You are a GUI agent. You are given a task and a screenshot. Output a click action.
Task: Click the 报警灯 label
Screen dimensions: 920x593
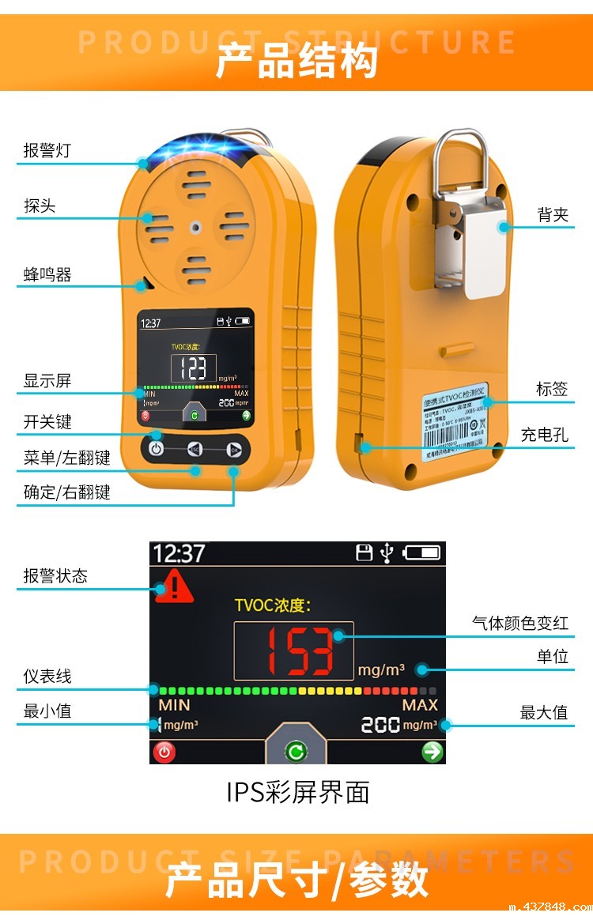point(47,150)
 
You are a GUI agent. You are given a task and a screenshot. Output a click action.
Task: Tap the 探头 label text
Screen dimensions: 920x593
point(40,206)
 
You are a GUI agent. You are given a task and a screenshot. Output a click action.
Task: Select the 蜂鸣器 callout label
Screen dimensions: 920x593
point(47,275)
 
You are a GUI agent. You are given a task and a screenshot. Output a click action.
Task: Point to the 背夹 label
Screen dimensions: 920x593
point(553,214)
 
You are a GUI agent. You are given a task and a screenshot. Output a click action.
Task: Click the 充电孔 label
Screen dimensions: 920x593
point(544,435)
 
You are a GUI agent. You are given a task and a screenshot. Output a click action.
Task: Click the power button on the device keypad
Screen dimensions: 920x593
point(157,450)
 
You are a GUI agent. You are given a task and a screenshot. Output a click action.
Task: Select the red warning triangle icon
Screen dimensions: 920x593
point(174,588)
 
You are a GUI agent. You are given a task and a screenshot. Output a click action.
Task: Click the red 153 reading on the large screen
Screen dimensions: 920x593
point(293,650)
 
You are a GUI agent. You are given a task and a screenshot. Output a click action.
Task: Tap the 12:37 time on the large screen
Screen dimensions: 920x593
point(179,553)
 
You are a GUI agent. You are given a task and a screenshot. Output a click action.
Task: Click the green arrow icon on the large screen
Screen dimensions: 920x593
point(432,752)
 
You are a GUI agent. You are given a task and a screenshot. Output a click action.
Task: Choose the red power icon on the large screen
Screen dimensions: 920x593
point(164,752)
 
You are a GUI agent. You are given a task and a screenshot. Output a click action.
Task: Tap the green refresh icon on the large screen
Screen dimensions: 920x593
point(296,752)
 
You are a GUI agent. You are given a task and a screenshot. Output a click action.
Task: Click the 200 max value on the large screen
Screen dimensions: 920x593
point(380,725)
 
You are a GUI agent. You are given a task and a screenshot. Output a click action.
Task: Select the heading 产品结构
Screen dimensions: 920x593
point(296,62)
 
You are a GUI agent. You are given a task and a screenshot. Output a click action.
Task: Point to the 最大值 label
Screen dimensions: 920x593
point(544,713)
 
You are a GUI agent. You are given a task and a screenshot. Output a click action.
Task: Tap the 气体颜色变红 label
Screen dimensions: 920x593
point(520,624)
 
